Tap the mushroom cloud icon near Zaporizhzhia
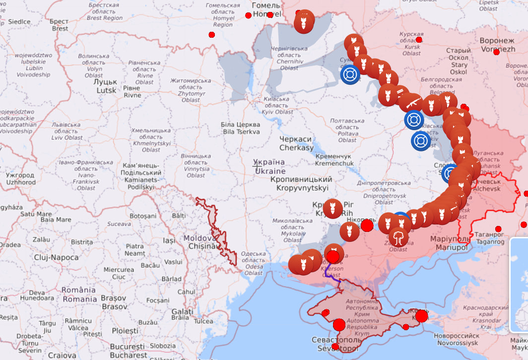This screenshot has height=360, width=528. (398, 237)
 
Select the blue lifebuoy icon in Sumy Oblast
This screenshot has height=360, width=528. (351, 75)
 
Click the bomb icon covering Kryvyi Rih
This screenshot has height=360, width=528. (332, 208)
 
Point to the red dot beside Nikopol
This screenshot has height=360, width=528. (367, 226)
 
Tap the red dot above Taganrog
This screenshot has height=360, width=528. (498, 229)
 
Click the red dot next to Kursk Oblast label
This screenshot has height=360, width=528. (419, 40)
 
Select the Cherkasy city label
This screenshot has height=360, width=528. (296, 144)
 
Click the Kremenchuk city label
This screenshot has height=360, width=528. (334, 159)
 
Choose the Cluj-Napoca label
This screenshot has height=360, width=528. (56, 257)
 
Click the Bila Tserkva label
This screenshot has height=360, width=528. (241, 128)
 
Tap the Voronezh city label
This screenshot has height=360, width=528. (497, 45)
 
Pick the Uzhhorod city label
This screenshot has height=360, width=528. (20, 179)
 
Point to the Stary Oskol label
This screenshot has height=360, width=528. (458, 61)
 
